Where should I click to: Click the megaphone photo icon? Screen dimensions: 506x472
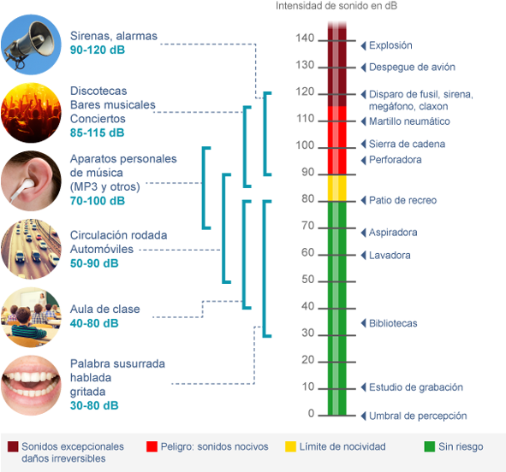click(x=31, y=44)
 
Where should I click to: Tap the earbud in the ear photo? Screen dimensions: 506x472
click(x=22, y=189)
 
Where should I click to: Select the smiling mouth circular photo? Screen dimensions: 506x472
click(x=31, y=386)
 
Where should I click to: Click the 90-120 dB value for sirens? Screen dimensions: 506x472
click(x=98, y=50)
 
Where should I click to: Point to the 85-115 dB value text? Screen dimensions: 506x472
click(x=97, y=133)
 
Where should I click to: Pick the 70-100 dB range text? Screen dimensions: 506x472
click(x=98, y=201)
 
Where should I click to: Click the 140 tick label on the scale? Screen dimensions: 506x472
click(x=305, y=38)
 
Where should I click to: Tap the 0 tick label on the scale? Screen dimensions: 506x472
click(x=311, y=413)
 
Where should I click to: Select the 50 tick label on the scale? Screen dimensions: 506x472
click(x=308, y=279)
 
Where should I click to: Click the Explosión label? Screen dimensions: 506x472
click(x=390, y=45)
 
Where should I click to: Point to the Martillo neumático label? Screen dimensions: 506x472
click(x=409, y=121)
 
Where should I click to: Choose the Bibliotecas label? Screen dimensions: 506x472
click(x=393, y=323)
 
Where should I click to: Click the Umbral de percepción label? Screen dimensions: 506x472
click(x=418, y=416)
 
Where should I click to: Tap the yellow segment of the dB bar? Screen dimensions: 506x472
click(x=336, y=188)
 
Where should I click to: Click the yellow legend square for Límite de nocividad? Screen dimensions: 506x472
click(x=290, y=446)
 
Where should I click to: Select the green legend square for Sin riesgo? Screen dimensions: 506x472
click(x=430, y=446)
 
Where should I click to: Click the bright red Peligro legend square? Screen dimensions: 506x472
click(x=152, y=446)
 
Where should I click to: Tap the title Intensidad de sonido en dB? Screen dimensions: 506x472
click(x=336, y=6)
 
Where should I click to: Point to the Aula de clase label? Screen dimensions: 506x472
click(x=104, y=309)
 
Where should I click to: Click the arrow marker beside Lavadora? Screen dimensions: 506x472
click(x=363, y=256)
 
